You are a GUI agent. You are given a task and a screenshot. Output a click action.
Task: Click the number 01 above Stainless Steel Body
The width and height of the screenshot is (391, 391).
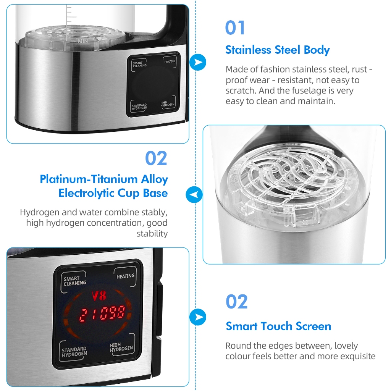pyautogui.click(x=235, y=27)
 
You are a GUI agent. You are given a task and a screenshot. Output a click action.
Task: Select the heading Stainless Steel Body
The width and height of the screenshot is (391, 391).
pyautogui.click(x=278, y=50)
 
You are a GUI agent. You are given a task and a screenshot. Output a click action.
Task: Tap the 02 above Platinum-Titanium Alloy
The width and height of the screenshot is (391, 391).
pyautogui.click(x=156, y=158)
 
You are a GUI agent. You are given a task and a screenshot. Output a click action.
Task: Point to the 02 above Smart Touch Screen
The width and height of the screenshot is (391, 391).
pyautogui.click(x=237, y=302)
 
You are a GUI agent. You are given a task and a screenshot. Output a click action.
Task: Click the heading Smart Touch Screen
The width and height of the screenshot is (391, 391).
pyautogui.click(x=278, y=326)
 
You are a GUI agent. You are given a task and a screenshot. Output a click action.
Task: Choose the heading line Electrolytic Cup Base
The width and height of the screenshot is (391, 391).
pyautogui.click(x=113, y=193)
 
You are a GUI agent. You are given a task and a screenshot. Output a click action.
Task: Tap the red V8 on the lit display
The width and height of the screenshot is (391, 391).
pyautogui.click(x=99, y=296)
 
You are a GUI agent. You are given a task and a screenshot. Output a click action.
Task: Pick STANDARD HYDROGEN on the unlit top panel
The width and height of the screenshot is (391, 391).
pyautogui.click(x=139, y=107)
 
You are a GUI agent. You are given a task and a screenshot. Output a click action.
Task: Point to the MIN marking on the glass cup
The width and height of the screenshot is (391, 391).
pyautogui.click(x=83, y=41)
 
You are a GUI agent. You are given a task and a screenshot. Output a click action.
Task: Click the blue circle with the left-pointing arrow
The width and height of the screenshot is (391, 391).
pyautogui.click(x=194, y=194)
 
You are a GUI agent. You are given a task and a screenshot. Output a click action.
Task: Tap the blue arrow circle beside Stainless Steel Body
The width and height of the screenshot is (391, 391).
pyautogui.click(x=198, y=62)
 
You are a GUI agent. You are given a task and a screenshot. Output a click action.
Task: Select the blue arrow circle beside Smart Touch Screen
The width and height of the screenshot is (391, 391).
pyautogui.click(x=198, y=317)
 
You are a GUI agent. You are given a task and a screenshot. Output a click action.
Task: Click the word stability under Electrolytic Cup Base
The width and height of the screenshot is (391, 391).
pyautogui.click(x=152, y=234)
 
